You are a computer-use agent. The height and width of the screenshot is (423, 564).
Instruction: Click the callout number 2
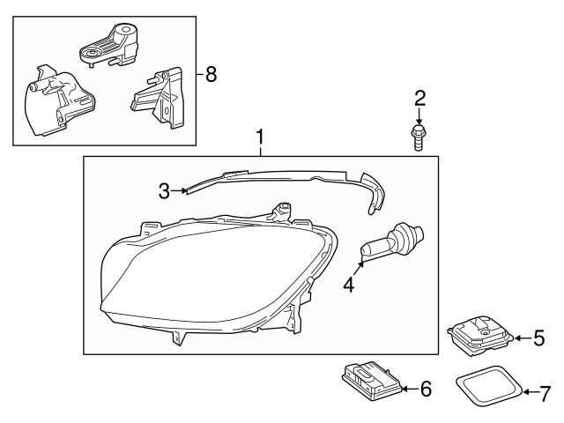[419, 98]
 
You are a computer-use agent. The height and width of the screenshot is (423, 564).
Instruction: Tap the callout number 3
[163, 189]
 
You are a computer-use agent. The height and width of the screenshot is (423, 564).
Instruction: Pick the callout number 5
[539, 338]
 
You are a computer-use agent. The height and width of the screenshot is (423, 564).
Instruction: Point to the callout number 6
[426, 388]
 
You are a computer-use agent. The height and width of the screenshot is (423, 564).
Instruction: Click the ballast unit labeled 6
[369, 379]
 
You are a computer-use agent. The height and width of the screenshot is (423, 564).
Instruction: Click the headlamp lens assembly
[211, 273]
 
